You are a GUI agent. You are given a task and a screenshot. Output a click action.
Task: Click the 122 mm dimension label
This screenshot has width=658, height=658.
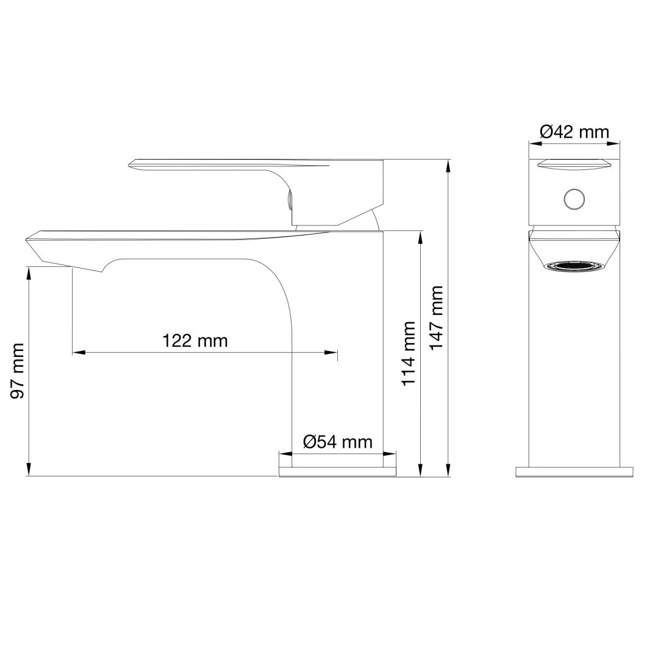pyautogui.click(x=195, y=340)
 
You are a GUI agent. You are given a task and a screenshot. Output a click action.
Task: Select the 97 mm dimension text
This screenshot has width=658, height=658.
pyautogui.click(x=18, y=370)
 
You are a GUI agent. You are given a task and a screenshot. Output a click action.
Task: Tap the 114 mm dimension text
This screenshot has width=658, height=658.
pyautogui.click(x=408, y=353)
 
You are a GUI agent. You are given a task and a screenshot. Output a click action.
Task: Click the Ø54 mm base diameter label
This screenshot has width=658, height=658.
pyautogui.click(x=337, y=442)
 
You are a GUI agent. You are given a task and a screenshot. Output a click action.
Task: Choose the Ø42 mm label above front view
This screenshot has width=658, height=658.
pyautogui.click(x=574, y=131)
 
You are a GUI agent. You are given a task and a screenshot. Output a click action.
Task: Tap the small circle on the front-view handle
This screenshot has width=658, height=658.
pyautogui.click(x=574, y=199)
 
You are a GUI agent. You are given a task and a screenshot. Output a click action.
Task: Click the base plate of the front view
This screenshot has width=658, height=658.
pyautogui.click(x=574, y=472)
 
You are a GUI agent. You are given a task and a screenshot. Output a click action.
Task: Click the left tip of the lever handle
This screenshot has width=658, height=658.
pyautogui.click(x=132, y=163)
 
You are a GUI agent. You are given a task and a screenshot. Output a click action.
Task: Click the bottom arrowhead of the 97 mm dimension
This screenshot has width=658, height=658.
pyautogui.click(x=29, y=471)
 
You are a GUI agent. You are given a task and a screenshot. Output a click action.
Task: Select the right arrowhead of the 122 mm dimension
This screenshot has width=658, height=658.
pyautogui.click(x=332, y=352)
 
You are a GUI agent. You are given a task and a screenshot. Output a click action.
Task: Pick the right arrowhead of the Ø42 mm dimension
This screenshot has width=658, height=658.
pyautogui.click(x=616, y=144)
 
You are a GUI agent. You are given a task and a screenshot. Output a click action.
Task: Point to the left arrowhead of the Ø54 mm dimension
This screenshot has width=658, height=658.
pyautogui.click(x=284, y=453)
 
